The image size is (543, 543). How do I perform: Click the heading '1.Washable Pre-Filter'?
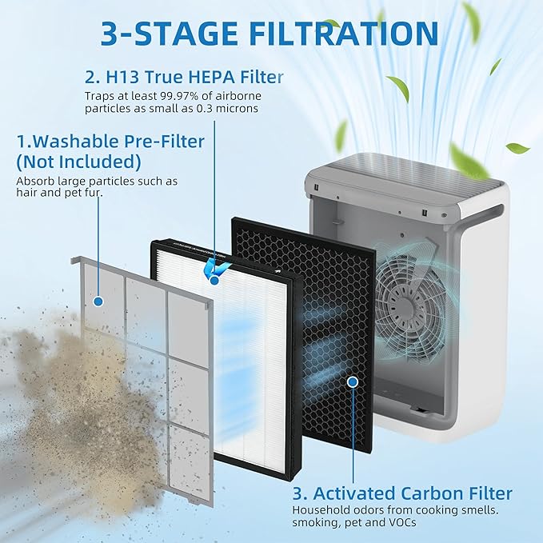click(x=110, y=142)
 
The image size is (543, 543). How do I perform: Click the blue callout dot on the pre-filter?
click(x=98, y=301)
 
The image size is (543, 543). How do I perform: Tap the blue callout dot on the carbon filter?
click(x=353, y=383)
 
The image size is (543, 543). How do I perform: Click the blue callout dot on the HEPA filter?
click(x=214, y=280)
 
